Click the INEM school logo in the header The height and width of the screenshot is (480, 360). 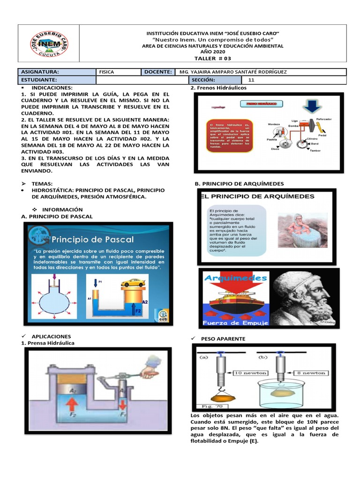[x=48, y=46]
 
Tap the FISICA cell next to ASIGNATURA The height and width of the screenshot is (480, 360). [x=106, y=72]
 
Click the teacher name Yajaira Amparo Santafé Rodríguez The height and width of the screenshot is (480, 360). [x=233, y=72]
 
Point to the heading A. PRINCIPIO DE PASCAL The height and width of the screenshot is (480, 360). [x=57, y=216]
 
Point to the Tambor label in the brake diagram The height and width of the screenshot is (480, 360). [x=315, y=151]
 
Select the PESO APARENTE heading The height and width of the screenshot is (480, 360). [x=223, y=338]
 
